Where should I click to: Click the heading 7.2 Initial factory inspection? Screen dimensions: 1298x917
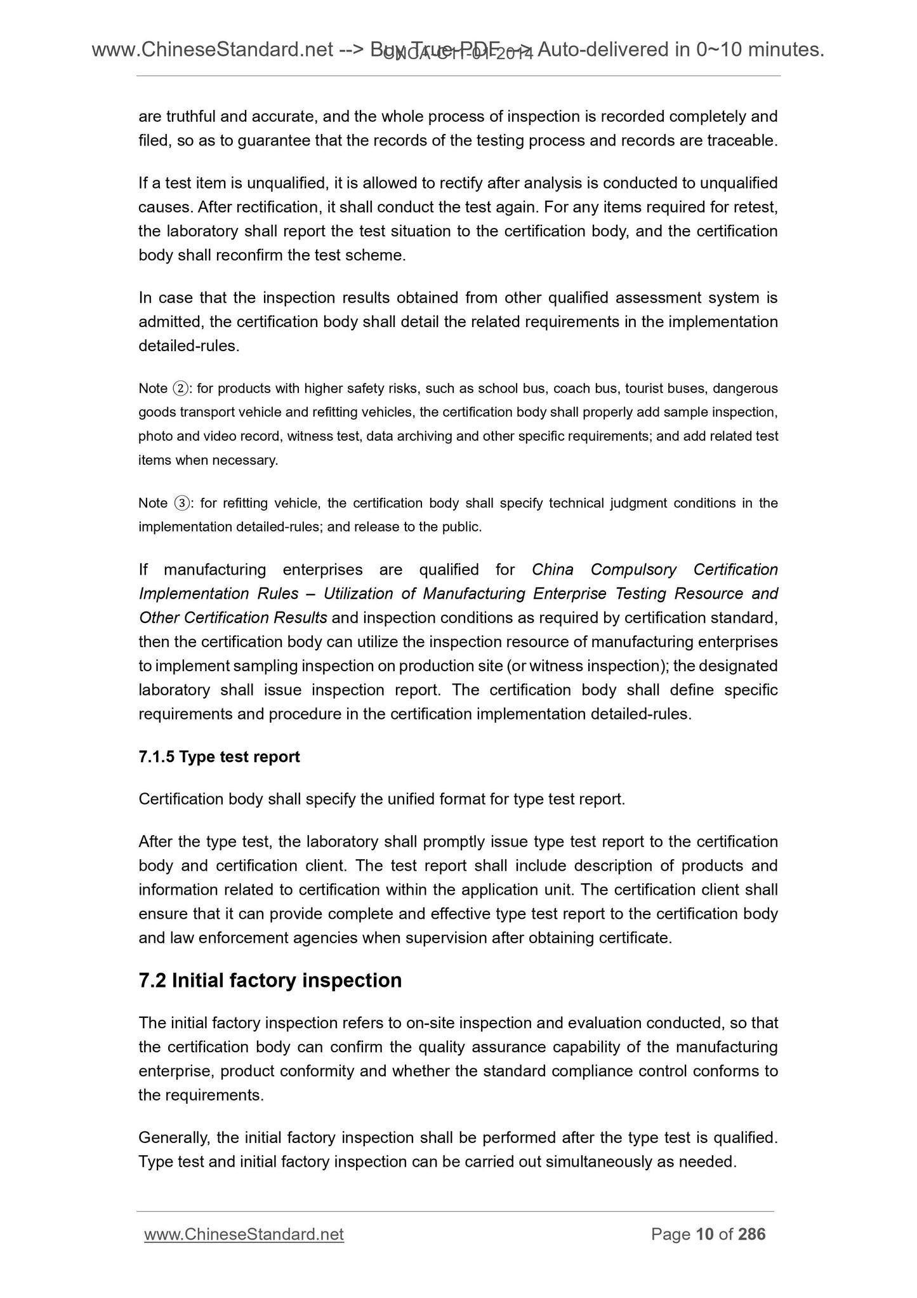point(270,980)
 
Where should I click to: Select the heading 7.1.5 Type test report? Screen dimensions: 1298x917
point(219,757)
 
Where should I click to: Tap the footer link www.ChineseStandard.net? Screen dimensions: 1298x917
point(244,1234)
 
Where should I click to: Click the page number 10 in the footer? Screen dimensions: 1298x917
point(704,1234)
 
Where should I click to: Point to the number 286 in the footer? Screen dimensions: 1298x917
point(752,1234)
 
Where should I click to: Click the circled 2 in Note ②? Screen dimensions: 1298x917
point(179,389)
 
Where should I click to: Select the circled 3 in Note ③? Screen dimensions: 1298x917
point(181,504)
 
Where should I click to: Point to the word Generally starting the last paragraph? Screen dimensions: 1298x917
point(168,1138)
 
